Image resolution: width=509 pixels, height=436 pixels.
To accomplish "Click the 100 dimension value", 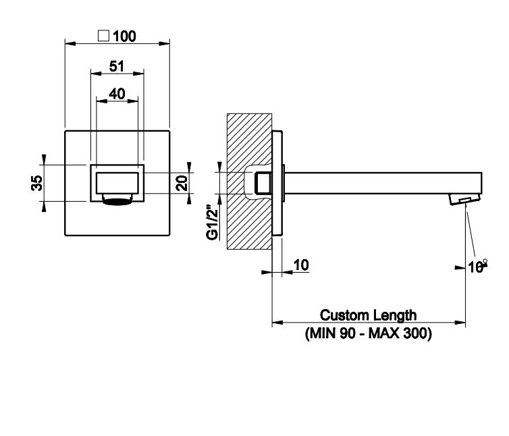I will tap(124, 36).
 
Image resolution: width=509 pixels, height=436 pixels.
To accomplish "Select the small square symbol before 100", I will tap(104, 36).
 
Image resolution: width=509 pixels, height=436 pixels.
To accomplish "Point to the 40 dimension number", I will tap(116, 94).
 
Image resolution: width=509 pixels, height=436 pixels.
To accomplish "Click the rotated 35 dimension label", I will tap(37, 183).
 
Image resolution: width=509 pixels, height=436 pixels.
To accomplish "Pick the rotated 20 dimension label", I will tap(182, 183).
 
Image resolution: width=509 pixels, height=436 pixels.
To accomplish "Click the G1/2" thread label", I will tap(213, 221).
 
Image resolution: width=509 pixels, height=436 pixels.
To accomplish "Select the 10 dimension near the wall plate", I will tap(301, 265).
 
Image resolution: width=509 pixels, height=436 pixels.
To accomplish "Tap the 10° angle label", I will tap(478, 267).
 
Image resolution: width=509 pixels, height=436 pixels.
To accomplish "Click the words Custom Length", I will tap(368, 315).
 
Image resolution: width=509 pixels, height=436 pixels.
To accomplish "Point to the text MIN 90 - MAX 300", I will tap(368, 333).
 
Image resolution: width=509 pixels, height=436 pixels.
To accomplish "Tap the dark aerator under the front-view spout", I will tap(116, 200).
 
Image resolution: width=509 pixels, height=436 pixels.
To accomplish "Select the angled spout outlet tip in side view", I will tap(465, 199).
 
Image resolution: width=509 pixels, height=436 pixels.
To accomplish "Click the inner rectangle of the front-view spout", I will tap(117, 183).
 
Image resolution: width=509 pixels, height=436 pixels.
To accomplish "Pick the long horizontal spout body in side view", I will tap(378, 182).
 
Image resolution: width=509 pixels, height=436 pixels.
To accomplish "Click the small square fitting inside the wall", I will tap(262, 182).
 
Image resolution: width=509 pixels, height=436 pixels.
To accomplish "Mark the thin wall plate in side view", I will tap(277, 182).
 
